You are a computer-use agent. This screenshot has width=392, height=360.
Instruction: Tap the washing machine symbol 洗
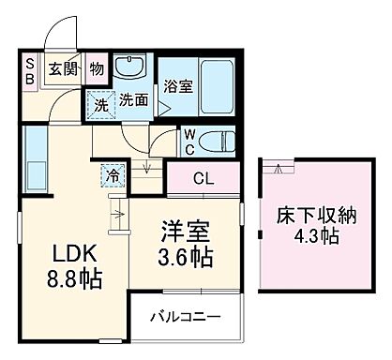(99, 104)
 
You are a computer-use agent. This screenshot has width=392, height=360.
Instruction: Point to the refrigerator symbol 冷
(111, 174)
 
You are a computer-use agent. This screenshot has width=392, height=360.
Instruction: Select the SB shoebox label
(30, 70)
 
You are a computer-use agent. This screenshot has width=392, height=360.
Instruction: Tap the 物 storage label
(97, 67)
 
